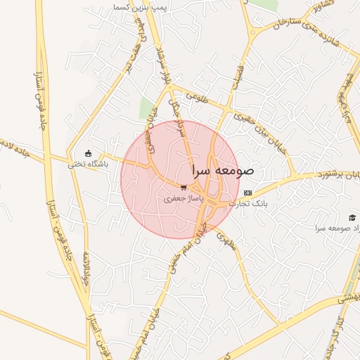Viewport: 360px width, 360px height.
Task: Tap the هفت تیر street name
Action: (131, 53)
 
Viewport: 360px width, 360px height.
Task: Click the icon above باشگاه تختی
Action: (87, 153)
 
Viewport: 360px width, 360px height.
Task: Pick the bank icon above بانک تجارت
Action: (247, 193)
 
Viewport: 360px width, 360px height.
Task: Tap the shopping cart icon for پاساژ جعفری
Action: (184, 188)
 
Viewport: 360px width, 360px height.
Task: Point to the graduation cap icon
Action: (352, 217)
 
